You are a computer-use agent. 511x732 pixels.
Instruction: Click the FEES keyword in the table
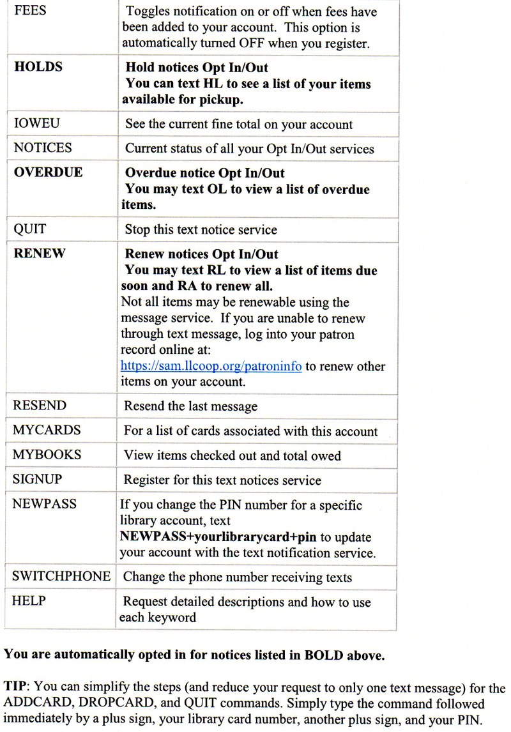29,11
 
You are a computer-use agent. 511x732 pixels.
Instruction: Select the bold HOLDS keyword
38,66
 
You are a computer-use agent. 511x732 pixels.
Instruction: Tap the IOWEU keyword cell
35,124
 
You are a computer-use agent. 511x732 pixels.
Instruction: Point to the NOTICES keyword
42,148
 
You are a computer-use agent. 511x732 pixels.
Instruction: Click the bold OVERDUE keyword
48,172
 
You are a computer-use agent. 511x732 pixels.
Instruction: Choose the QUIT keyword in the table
29,229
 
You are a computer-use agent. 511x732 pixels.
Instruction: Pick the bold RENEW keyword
39,254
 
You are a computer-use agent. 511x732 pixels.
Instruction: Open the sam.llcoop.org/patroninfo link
211,367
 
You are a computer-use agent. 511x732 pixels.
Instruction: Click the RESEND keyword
39,406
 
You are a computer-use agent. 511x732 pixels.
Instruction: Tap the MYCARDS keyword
47,431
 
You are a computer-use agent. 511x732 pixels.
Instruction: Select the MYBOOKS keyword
47,455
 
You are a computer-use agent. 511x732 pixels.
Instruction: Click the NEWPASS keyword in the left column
44,504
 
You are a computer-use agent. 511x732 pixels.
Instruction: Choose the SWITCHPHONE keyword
61,576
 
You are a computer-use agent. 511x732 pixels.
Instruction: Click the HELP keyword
29,601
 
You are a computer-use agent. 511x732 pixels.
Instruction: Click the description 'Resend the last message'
190,406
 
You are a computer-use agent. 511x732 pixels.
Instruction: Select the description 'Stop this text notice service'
201,229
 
